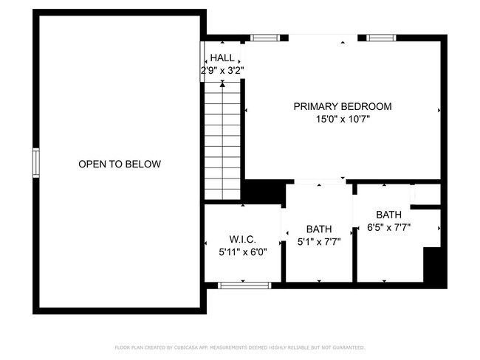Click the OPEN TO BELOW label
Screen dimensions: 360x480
pos(119,164)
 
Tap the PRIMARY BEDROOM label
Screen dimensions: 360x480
pos(343,106)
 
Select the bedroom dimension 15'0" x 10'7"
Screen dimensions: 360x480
pos(343,120)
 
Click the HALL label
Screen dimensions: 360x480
pos(222,58)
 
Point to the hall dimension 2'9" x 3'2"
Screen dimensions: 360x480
pos(222,70)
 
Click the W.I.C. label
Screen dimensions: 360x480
pos(243,239)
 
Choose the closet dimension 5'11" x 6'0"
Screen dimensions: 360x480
pos(243,252)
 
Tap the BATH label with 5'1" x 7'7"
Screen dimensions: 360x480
pos(319,228)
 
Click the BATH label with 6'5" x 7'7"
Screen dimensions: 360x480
pos(388,215)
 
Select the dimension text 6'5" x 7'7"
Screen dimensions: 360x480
pos(388,228)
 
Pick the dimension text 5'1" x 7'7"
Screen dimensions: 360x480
pos(319,240)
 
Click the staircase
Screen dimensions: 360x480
pos(222,140)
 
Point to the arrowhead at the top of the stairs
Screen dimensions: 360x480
pos(222,85)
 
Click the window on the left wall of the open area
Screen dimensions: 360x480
pos(35,162)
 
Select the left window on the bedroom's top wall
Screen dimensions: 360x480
pos(265,37)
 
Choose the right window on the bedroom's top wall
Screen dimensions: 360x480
pos(381,37)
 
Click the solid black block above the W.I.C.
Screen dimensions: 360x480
pos(264,192)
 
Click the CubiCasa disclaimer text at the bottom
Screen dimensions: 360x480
pos(240,347)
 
